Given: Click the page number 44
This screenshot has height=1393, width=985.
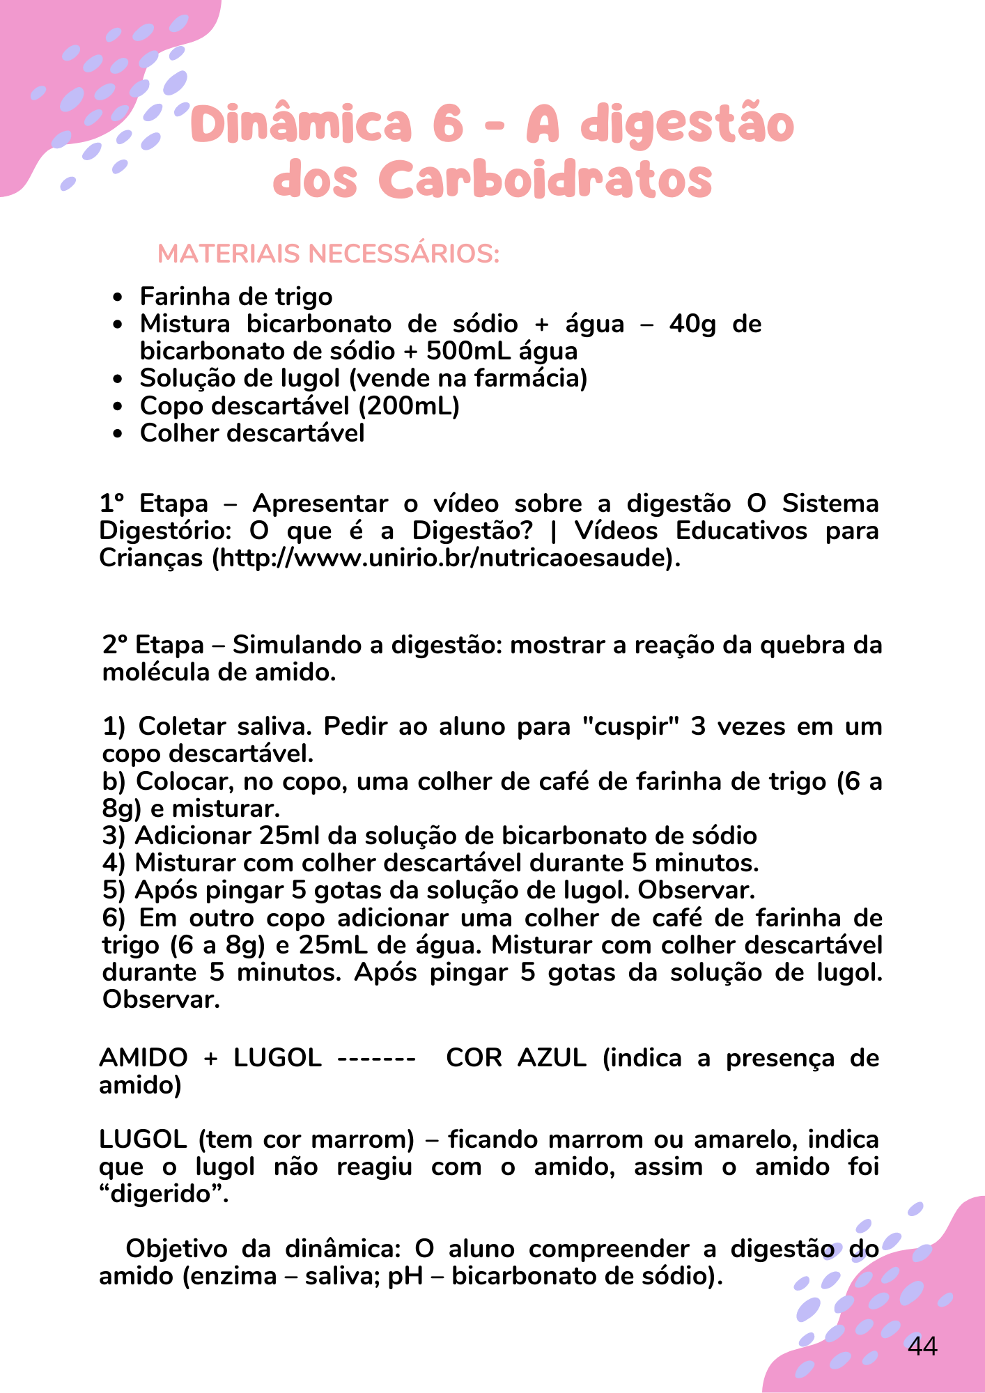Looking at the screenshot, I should (x=922, y=1346).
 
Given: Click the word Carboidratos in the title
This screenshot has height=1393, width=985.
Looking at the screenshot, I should (x=548, y=179).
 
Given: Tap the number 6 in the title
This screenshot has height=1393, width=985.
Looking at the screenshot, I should (x=448, y=124).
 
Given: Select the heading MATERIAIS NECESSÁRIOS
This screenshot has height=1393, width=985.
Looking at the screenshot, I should (x=329, y=254).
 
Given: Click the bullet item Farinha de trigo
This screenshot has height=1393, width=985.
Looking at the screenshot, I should (x=236, y=297).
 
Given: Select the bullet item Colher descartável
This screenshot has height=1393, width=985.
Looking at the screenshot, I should (x=252, y=433).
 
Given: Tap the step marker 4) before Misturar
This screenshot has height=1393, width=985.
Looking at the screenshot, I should (x=114, y=863).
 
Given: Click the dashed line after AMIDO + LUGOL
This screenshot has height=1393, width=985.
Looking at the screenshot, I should (x=376, y=1058).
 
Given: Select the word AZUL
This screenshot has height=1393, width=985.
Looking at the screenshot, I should (x=552, y=1058).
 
